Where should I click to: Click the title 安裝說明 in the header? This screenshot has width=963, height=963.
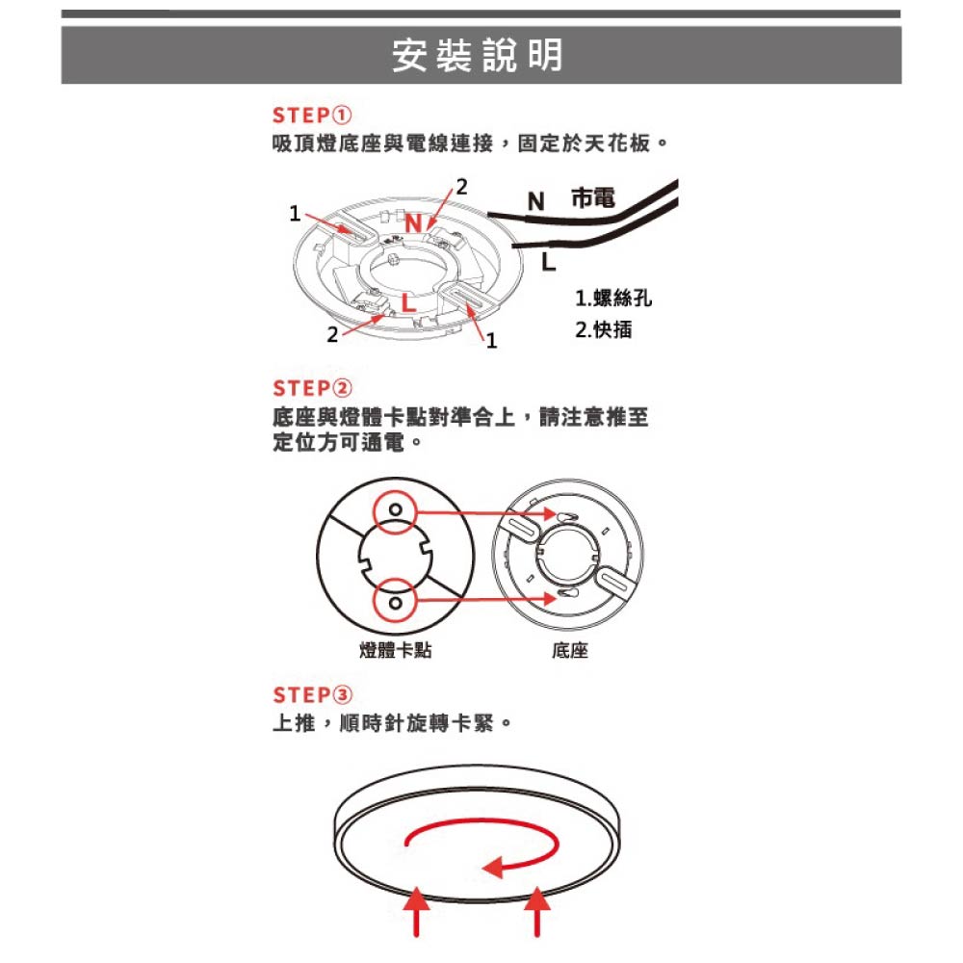click(x=478, y=55)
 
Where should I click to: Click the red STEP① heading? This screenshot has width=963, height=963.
click(x=312, y=115)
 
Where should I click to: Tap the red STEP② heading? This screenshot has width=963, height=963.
click(x=312, y=388)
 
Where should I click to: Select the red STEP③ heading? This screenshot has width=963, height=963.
click(x=312, y=694)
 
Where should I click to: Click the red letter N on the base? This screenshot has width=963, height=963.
click(x=414, y=223)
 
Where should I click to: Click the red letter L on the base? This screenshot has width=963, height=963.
click(x=408, y=302)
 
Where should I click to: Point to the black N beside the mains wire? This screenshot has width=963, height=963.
click(x=536, y=201)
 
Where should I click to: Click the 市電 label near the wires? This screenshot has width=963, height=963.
click(x=592, y=197)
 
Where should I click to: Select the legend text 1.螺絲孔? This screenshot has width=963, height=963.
click(x=612, y=299)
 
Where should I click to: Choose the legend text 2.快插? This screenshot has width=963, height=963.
click(x=603, y=329)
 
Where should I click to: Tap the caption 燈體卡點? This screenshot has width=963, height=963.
click(x=396, y=650)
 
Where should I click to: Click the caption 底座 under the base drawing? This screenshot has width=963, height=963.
click(x=570, y=650)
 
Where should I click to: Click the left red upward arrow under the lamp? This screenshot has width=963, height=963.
click(x=416, y=911)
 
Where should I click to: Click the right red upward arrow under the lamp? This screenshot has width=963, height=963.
click(x=537, y=911)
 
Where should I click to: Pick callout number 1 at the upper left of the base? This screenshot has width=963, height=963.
click(x=295, y=213)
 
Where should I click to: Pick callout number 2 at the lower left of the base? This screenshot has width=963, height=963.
click(x=332, y=335)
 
